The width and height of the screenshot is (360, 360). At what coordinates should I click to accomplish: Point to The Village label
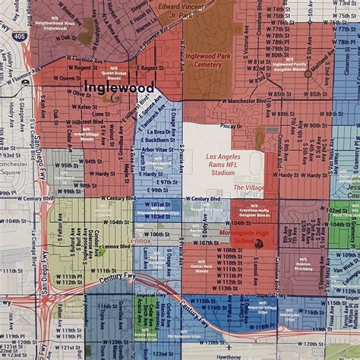(x=248, y=187)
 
